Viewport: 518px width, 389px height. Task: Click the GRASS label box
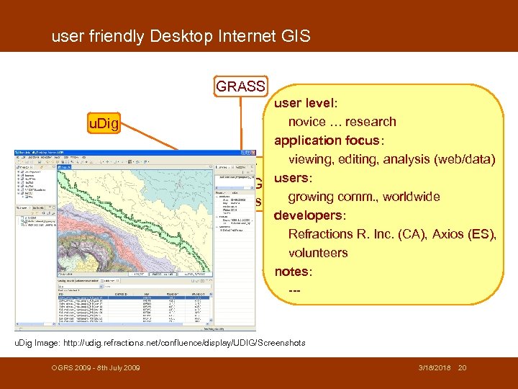click(241, 86)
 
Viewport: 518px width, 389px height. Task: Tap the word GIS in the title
click(296, 35)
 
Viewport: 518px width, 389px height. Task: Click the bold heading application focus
click(329, 140)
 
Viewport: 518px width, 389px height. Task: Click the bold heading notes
click(293, 272)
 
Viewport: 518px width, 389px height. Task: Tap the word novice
click(307, 122)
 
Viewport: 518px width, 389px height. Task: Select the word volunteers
click(318, 253)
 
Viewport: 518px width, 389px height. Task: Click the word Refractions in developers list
click(322, 234)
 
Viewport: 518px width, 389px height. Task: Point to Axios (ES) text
click(464, 234)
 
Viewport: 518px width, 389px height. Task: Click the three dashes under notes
click(294, 290)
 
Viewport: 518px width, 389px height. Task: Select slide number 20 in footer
click(463, 369)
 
